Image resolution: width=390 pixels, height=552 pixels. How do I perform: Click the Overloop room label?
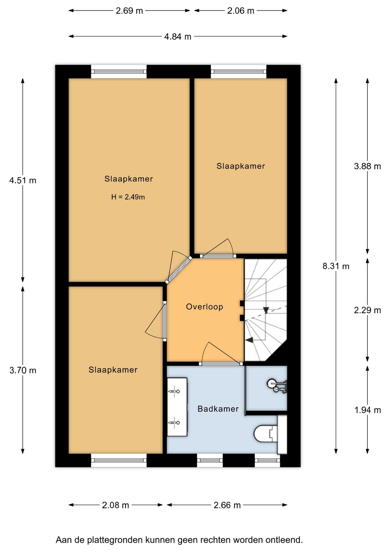[204, 307]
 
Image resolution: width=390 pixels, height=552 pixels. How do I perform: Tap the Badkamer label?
[218, 409]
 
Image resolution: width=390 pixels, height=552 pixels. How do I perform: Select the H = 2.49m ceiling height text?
[128, 197]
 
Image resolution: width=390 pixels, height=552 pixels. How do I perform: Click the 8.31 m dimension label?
[336, 266]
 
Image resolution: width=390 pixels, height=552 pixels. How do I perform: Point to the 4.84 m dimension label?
[178, 37]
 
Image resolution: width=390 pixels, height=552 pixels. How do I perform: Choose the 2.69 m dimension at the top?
[129, 11]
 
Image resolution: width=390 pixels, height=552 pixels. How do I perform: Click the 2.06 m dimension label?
[241, 11]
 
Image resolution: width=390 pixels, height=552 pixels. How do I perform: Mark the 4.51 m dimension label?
[23, 181]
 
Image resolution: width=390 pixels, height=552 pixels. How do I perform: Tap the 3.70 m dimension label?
[23, 370]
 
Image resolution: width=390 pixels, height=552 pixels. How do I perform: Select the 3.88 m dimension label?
[367, 166]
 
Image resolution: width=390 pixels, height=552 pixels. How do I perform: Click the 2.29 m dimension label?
[367, 310]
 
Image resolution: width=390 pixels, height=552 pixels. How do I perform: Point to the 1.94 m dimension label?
[368, 410]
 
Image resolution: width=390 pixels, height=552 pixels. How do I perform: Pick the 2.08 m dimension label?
[115, 505]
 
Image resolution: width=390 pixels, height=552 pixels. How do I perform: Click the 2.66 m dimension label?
[227, 505]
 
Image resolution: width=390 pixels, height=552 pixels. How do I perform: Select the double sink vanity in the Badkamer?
[177, 407]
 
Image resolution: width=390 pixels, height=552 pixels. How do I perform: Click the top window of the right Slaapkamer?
[239, 72]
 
